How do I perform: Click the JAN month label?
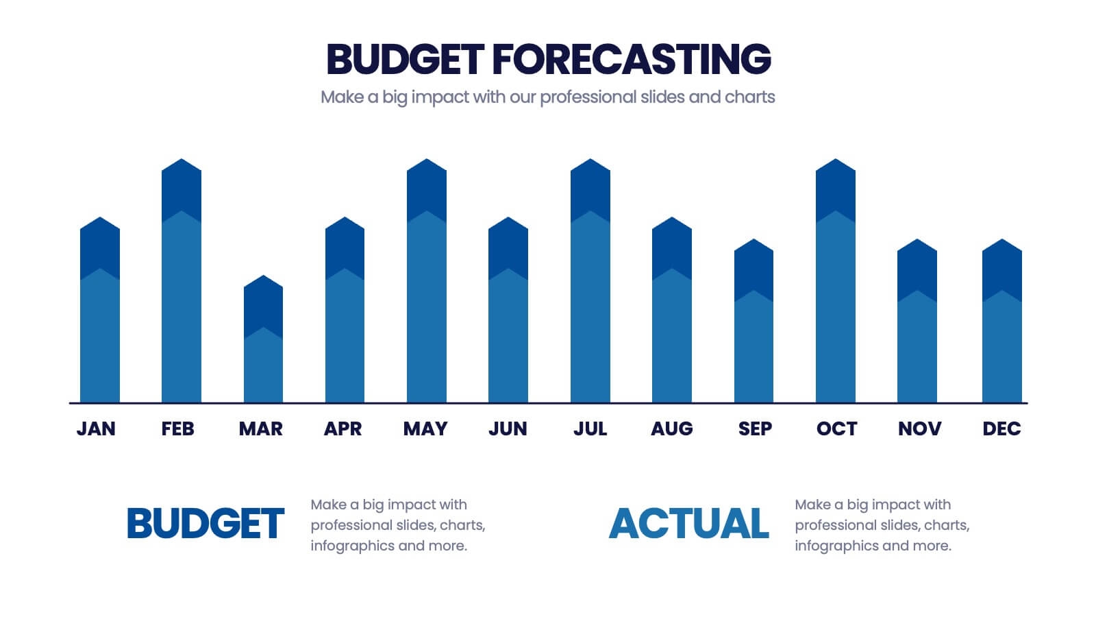coord(96,428)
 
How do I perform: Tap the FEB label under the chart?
coord(178,428)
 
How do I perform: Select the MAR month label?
coord(261,428)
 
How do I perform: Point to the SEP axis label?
coord(755,428)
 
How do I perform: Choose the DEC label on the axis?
coord(1001,428)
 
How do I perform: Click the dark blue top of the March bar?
coord(264,305)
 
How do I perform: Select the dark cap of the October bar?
coord(836,189)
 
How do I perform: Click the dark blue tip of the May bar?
coord(427,189)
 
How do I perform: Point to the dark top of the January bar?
coord(100,247)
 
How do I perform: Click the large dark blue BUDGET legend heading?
coord(206,524)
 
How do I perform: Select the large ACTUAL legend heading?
coord(689,524)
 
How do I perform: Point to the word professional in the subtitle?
coord(588,97)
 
